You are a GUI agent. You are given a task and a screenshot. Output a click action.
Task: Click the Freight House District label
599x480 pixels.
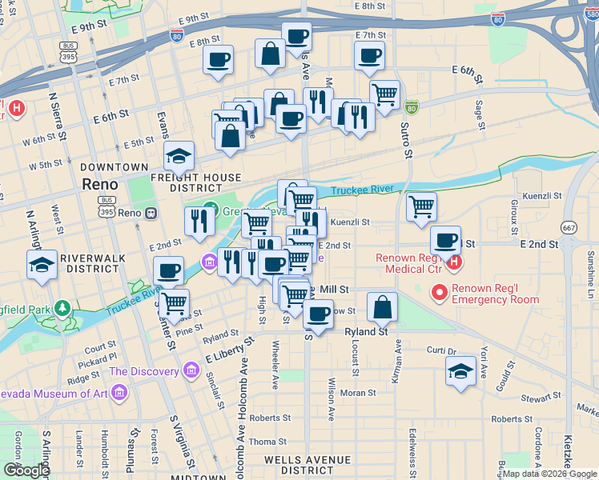(205, 182)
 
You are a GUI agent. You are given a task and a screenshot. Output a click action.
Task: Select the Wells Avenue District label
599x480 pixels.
(307, 465)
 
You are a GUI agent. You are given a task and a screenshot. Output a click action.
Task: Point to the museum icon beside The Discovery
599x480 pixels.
(190, 371)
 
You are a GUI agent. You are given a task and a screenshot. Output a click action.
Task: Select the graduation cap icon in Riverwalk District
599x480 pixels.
(41, 265)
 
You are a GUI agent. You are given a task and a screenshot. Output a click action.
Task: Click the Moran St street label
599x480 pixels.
(357, 393)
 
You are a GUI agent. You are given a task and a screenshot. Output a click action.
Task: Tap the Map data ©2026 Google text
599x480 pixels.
(550, 474)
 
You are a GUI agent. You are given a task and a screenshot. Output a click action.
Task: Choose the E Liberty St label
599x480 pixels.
(228, 349)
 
